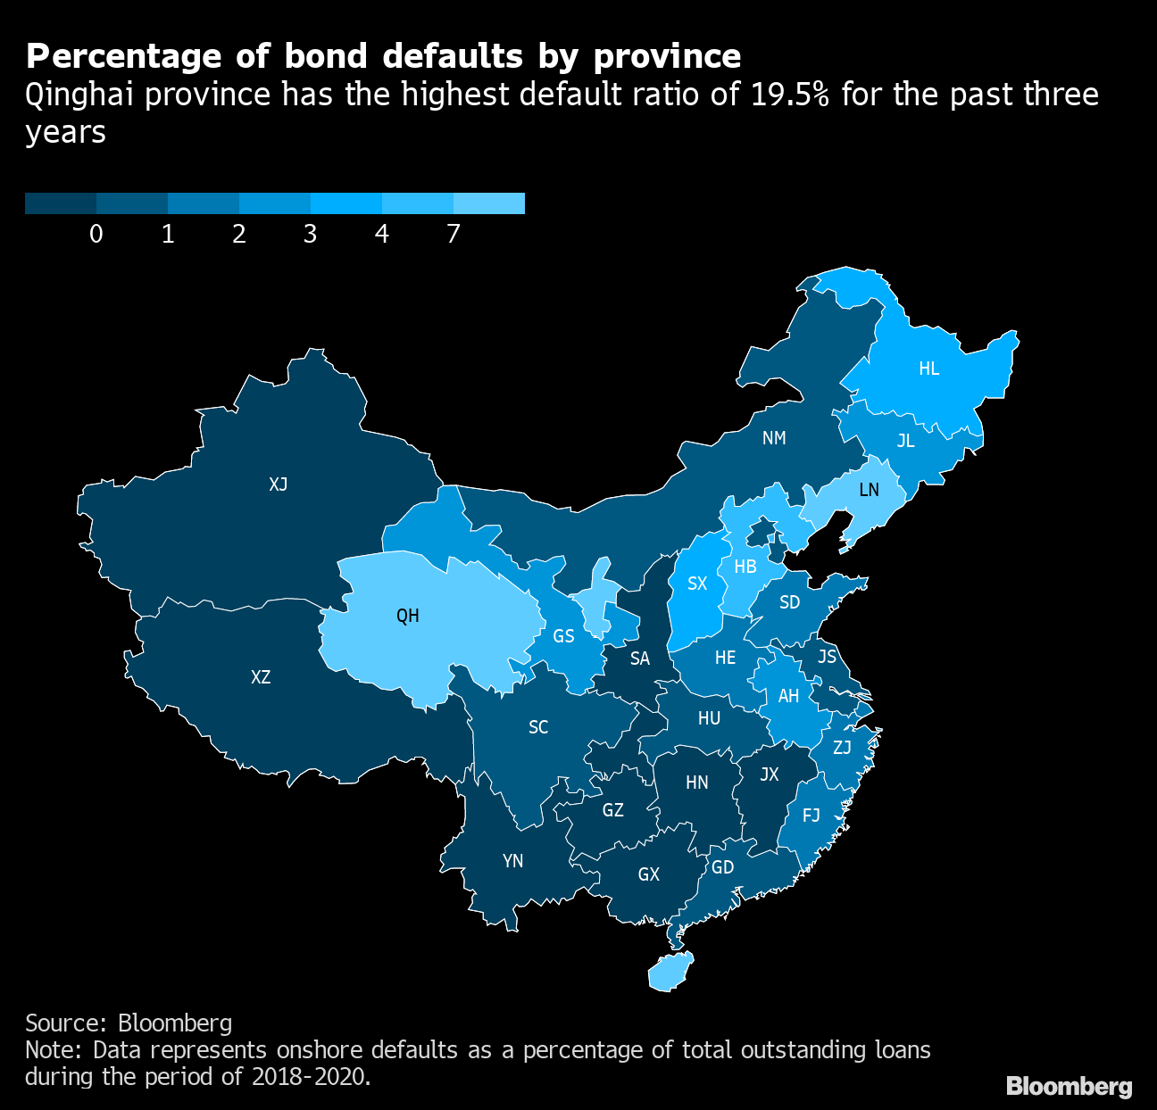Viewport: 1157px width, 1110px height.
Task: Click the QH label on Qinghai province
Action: coord(408,616)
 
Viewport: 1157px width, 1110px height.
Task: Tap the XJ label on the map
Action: coord(279,485)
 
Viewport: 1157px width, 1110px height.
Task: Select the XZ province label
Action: coord(261,677)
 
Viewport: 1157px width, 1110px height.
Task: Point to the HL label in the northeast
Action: coord(929,369)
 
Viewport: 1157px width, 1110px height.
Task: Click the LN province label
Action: coord(869,490)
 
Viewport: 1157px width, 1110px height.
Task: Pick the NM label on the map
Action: coord(774,438)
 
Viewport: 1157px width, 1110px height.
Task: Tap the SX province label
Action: coord(697,584)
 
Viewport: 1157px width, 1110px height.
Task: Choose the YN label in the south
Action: coord(512,861)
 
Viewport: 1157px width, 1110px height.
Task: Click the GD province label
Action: coord(722,867)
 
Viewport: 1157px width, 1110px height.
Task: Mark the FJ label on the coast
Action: coord(812,816)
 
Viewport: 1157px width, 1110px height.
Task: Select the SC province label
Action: coord(538,727)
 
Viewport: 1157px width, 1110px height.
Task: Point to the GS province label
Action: coord(563,636)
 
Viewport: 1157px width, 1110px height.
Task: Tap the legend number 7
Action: coord(454,234)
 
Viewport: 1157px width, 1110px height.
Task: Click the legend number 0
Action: coord(96,234)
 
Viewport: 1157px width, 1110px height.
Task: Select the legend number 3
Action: coord(311,234)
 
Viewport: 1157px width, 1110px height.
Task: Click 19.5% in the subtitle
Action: coord(792,95)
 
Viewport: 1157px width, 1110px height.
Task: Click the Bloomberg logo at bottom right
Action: coord(1069,1086)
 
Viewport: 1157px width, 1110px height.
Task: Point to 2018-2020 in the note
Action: coord(309,1076)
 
